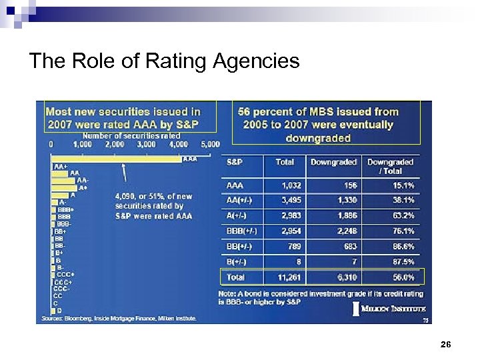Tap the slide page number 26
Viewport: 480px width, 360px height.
[446, 344]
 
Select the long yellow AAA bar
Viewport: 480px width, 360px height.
[117, 159]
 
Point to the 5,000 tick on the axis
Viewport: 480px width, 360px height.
[210, 143]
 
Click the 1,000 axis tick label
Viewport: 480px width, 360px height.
[82, 143]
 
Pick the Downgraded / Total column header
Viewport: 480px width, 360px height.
[390, 166]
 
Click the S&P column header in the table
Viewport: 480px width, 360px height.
[235, 162]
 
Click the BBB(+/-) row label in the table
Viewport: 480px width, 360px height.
[242, 231]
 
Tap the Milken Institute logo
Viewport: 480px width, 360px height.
[390, 309]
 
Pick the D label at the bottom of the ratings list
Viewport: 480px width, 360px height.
[59, 311]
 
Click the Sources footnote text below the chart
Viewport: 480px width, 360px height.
[119, 319]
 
